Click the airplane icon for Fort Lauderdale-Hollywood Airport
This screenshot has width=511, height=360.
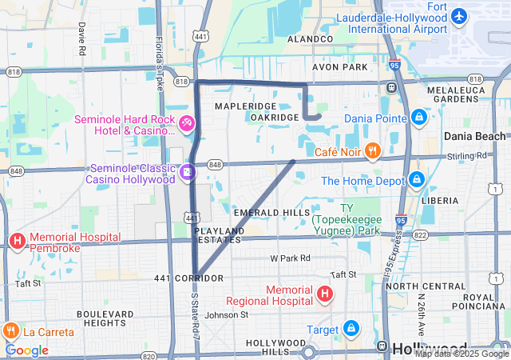459,16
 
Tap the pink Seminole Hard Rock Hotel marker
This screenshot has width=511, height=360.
185,123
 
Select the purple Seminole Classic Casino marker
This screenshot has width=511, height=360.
186,171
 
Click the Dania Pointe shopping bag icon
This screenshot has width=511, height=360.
418,117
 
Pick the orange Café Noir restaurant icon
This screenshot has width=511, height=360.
371,150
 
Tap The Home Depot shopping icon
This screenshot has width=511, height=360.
416,180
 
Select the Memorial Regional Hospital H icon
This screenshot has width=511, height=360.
324,294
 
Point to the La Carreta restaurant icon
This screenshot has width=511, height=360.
10,330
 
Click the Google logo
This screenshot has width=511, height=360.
26,350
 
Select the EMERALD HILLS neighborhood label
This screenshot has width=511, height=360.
271,212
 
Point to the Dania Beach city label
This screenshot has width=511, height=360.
475,136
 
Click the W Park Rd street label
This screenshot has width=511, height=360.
290,258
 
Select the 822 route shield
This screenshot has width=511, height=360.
421,234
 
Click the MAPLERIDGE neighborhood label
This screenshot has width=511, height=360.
245,106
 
